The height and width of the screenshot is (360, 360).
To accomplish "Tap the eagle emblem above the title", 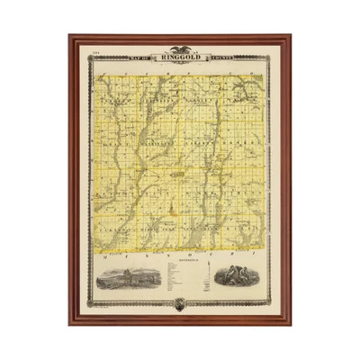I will coord(179,50).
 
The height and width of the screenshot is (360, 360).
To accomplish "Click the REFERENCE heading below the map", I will coord(179,263).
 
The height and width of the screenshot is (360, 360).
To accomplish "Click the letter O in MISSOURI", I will coord(191,255).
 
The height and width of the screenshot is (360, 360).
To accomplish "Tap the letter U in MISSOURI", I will coord(212,255).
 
